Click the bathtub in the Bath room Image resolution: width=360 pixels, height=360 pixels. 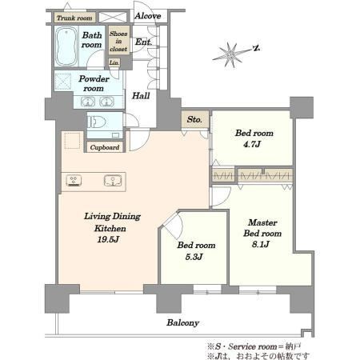click(x=66, y=46)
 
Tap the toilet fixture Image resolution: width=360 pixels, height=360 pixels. click(x=96, y=122)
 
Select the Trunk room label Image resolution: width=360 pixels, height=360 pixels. click(x=74, y=18)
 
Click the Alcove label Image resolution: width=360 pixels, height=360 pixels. click(x=147, y=16)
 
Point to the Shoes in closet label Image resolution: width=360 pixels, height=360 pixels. click(x=118, y=41)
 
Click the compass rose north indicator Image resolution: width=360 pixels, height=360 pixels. click(x=257, y=48)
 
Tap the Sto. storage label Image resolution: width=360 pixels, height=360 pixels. click(x=194, y=119)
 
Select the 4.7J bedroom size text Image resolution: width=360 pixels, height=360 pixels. click(x=252, y=144)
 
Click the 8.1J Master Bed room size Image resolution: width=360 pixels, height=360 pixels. click(x=261, y=244)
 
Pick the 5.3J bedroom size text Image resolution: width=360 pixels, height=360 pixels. click(x=194, y=257)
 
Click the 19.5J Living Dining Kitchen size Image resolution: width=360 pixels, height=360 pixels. click(x=108, y=239)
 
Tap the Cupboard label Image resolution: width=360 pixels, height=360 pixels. click(x=105, y=147)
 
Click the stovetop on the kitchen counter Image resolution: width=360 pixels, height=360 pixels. click(x=74, y=181)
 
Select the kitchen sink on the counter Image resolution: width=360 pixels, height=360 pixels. click(x=113, y=181)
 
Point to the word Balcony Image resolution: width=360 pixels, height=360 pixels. click(x=183, y=323)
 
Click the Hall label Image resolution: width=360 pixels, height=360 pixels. click(x=141, y=95)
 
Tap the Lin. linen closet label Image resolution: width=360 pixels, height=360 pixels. click(x=114, y=62)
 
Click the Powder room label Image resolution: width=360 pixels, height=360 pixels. click(x=94, y=83)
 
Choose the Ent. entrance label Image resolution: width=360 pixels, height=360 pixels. click(x=143, y=42)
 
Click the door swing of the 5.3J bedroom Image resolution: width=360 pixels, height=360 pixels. click(x=177, y=225)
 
